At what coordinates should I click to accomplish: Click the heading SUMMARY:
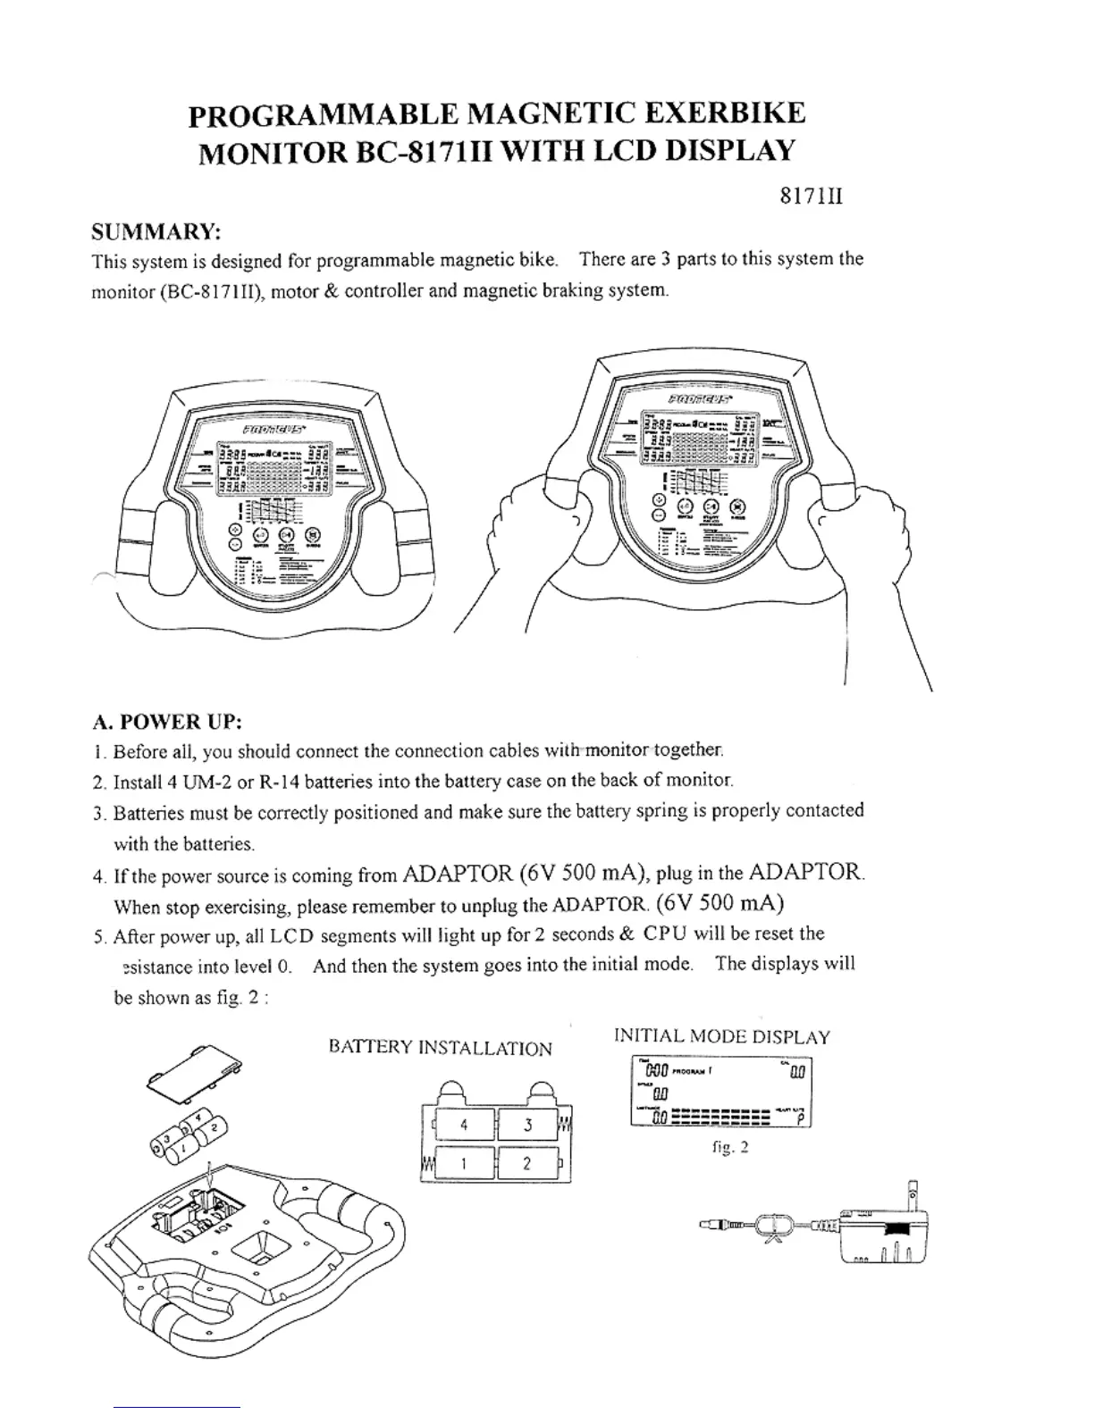156,232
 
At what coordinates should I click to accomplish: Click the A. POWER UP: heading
168,721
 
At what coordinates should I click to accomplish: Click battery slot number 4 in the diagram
463,1125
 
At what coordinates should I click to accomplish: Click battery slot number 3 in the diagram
527,1125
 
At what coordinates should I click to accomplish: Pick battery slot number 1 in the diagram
463,1163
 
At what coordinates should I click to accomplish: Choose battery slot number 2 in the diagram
527,1163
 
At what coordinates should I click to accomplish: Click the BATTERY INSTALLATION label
441,1048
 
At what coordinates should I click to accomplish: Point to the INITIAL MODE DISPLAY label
722,1037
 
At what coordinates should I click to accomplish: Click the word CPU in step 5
666,934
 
